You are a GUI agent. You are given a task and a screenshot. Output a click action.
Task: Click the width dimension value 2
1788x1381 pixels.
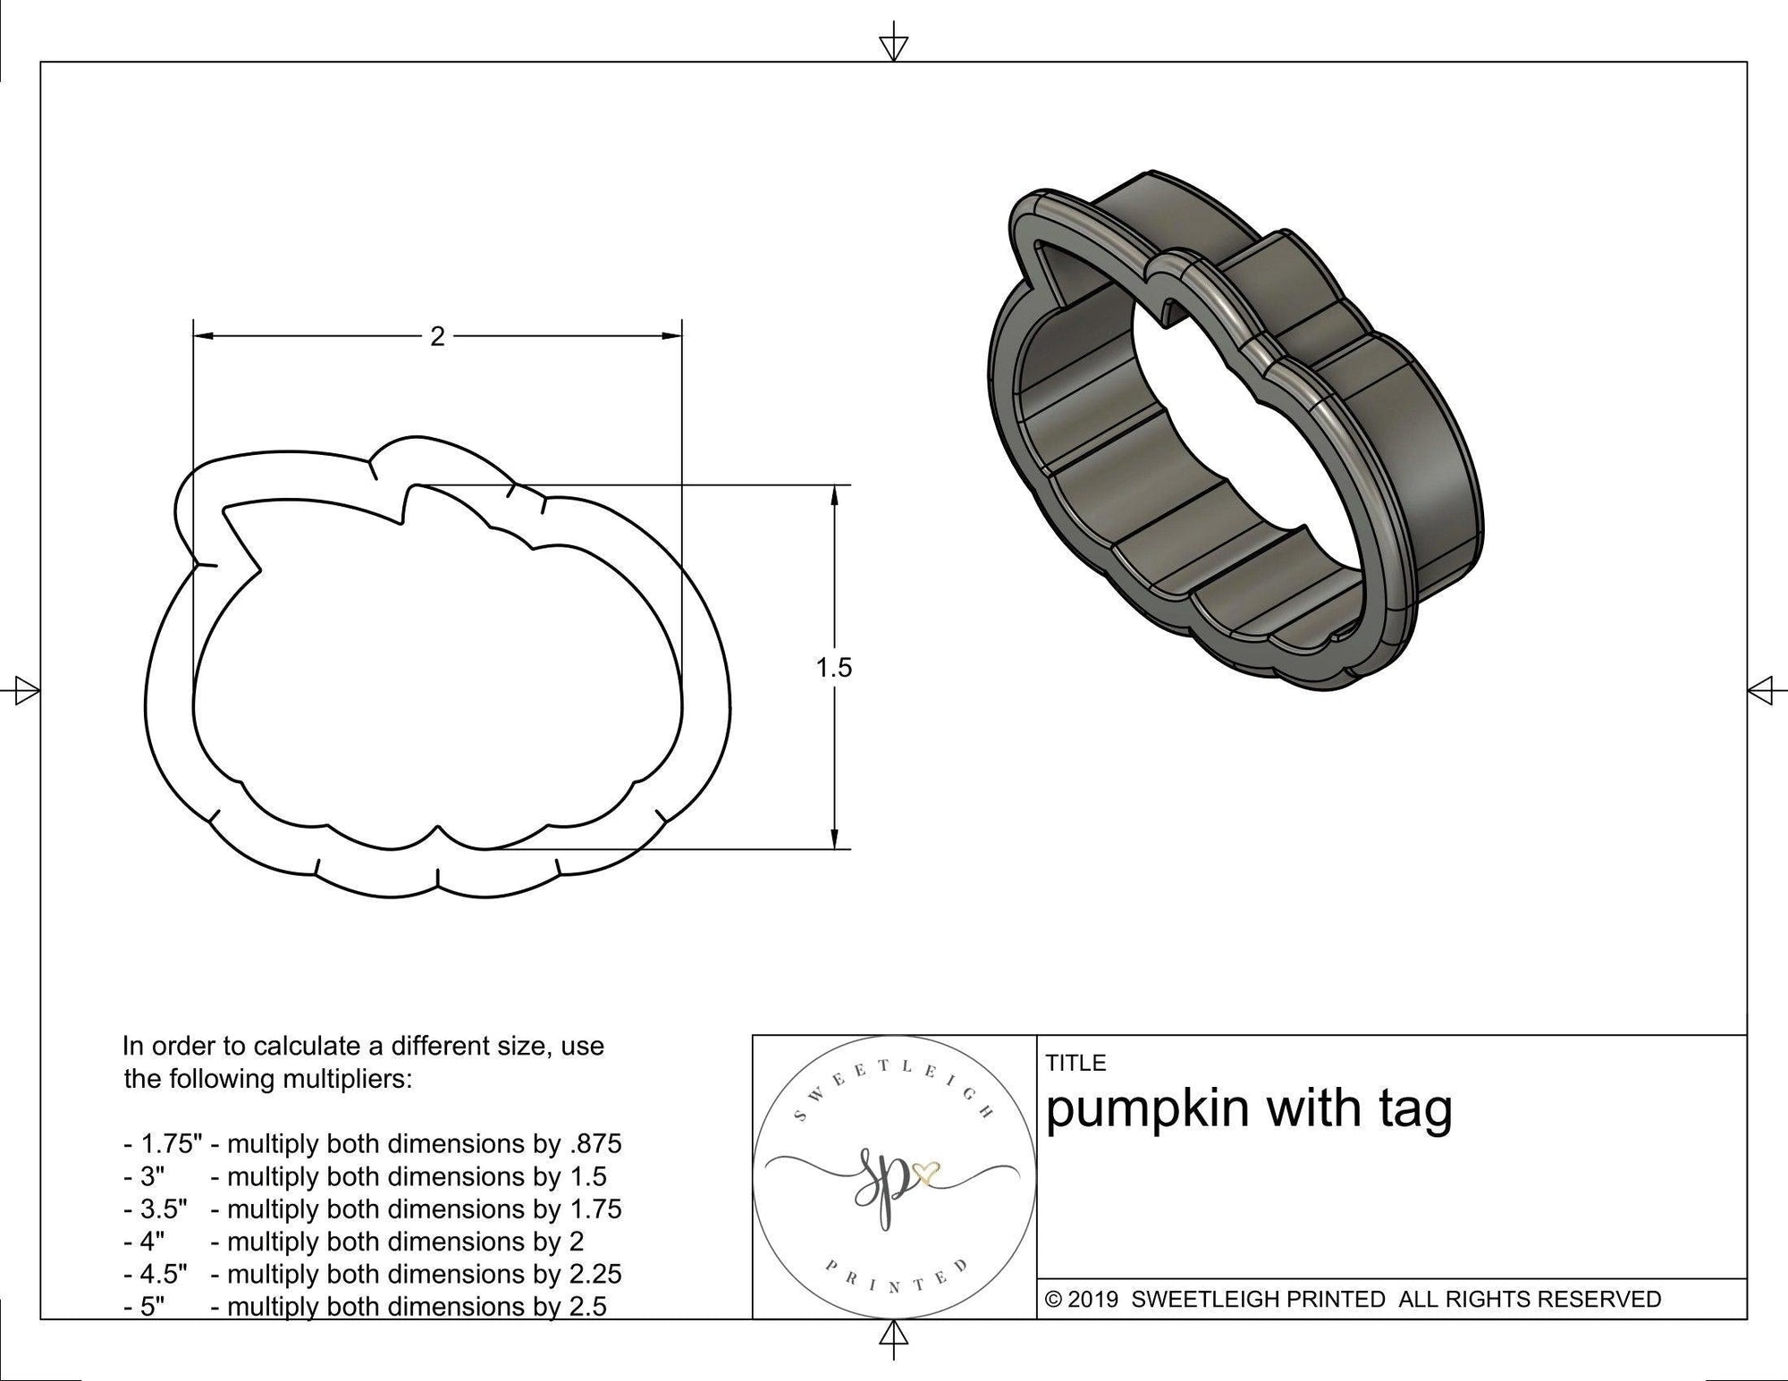[x=437, y=337]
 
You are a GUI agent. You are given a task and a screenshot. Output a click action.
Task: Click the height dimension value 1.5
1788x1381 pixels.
[x=833, y=668]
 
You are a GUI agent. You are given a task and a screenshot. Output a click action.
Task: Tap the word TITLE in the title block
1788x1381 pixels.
[x=1075, y=1063]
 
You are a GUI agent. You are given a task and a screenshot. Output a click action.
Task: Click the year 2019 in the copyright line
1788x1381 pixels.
[x=1093, y=1300]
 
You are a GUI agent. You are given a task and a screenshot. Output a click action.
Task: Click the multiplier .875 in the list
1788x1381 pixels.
[x=595, y=1143]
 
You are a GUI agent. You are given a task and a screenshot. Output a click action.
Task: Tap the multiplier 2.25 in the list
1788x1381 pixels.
[x=595, y=1274]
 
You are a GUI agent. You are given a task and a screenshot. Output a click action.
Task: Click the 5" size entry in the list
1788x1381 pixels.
[x=146, y=1307]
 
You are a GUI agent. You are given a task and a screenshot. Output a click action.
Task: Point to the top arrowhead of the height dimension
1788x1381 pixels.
[x=834, y=494]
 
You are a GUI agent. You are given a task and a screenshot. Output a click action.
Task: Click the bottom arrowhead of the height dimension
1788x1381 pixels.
[x=834, y=839]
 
